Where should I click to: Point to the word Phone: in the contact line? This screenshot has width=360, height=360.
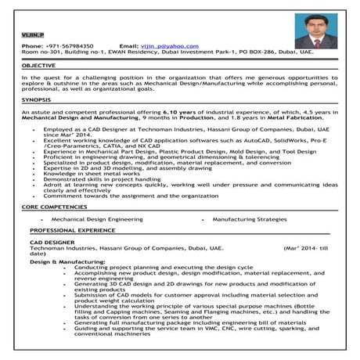coord(32,46)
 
